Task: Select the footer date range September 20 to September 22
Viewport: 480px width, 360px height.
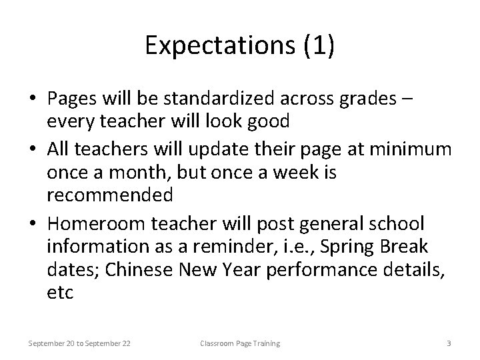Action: pyautogui.click(x=79, y=343)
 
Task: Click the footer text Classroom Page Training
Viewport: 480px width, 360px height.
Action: pyautogui.click(x=240, y=343)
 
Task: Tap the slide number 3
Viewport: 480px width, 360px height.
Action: pyautogui.click(x=449, y=343)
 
